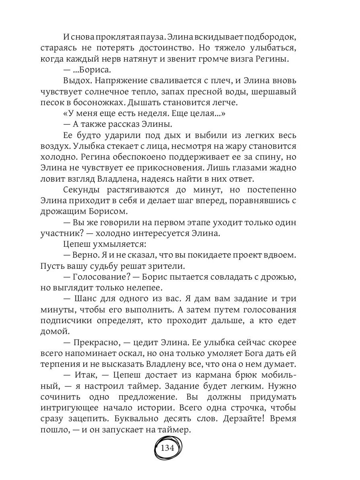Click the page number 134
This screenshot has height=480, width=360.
tap(168, 448)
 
